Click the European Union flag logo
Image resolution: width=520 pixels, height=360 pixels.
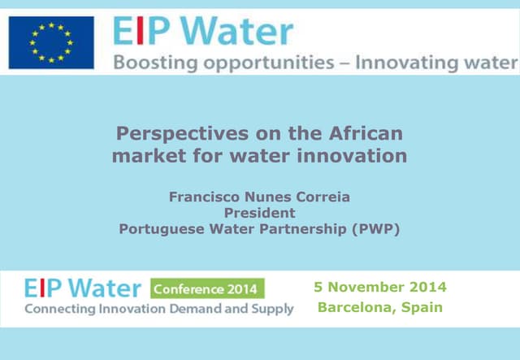(50, 42)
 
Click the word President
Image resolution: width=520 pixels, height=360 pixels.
(259, 212)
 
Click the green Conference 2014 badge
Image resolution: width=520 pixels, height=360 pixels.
(207, 288)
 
